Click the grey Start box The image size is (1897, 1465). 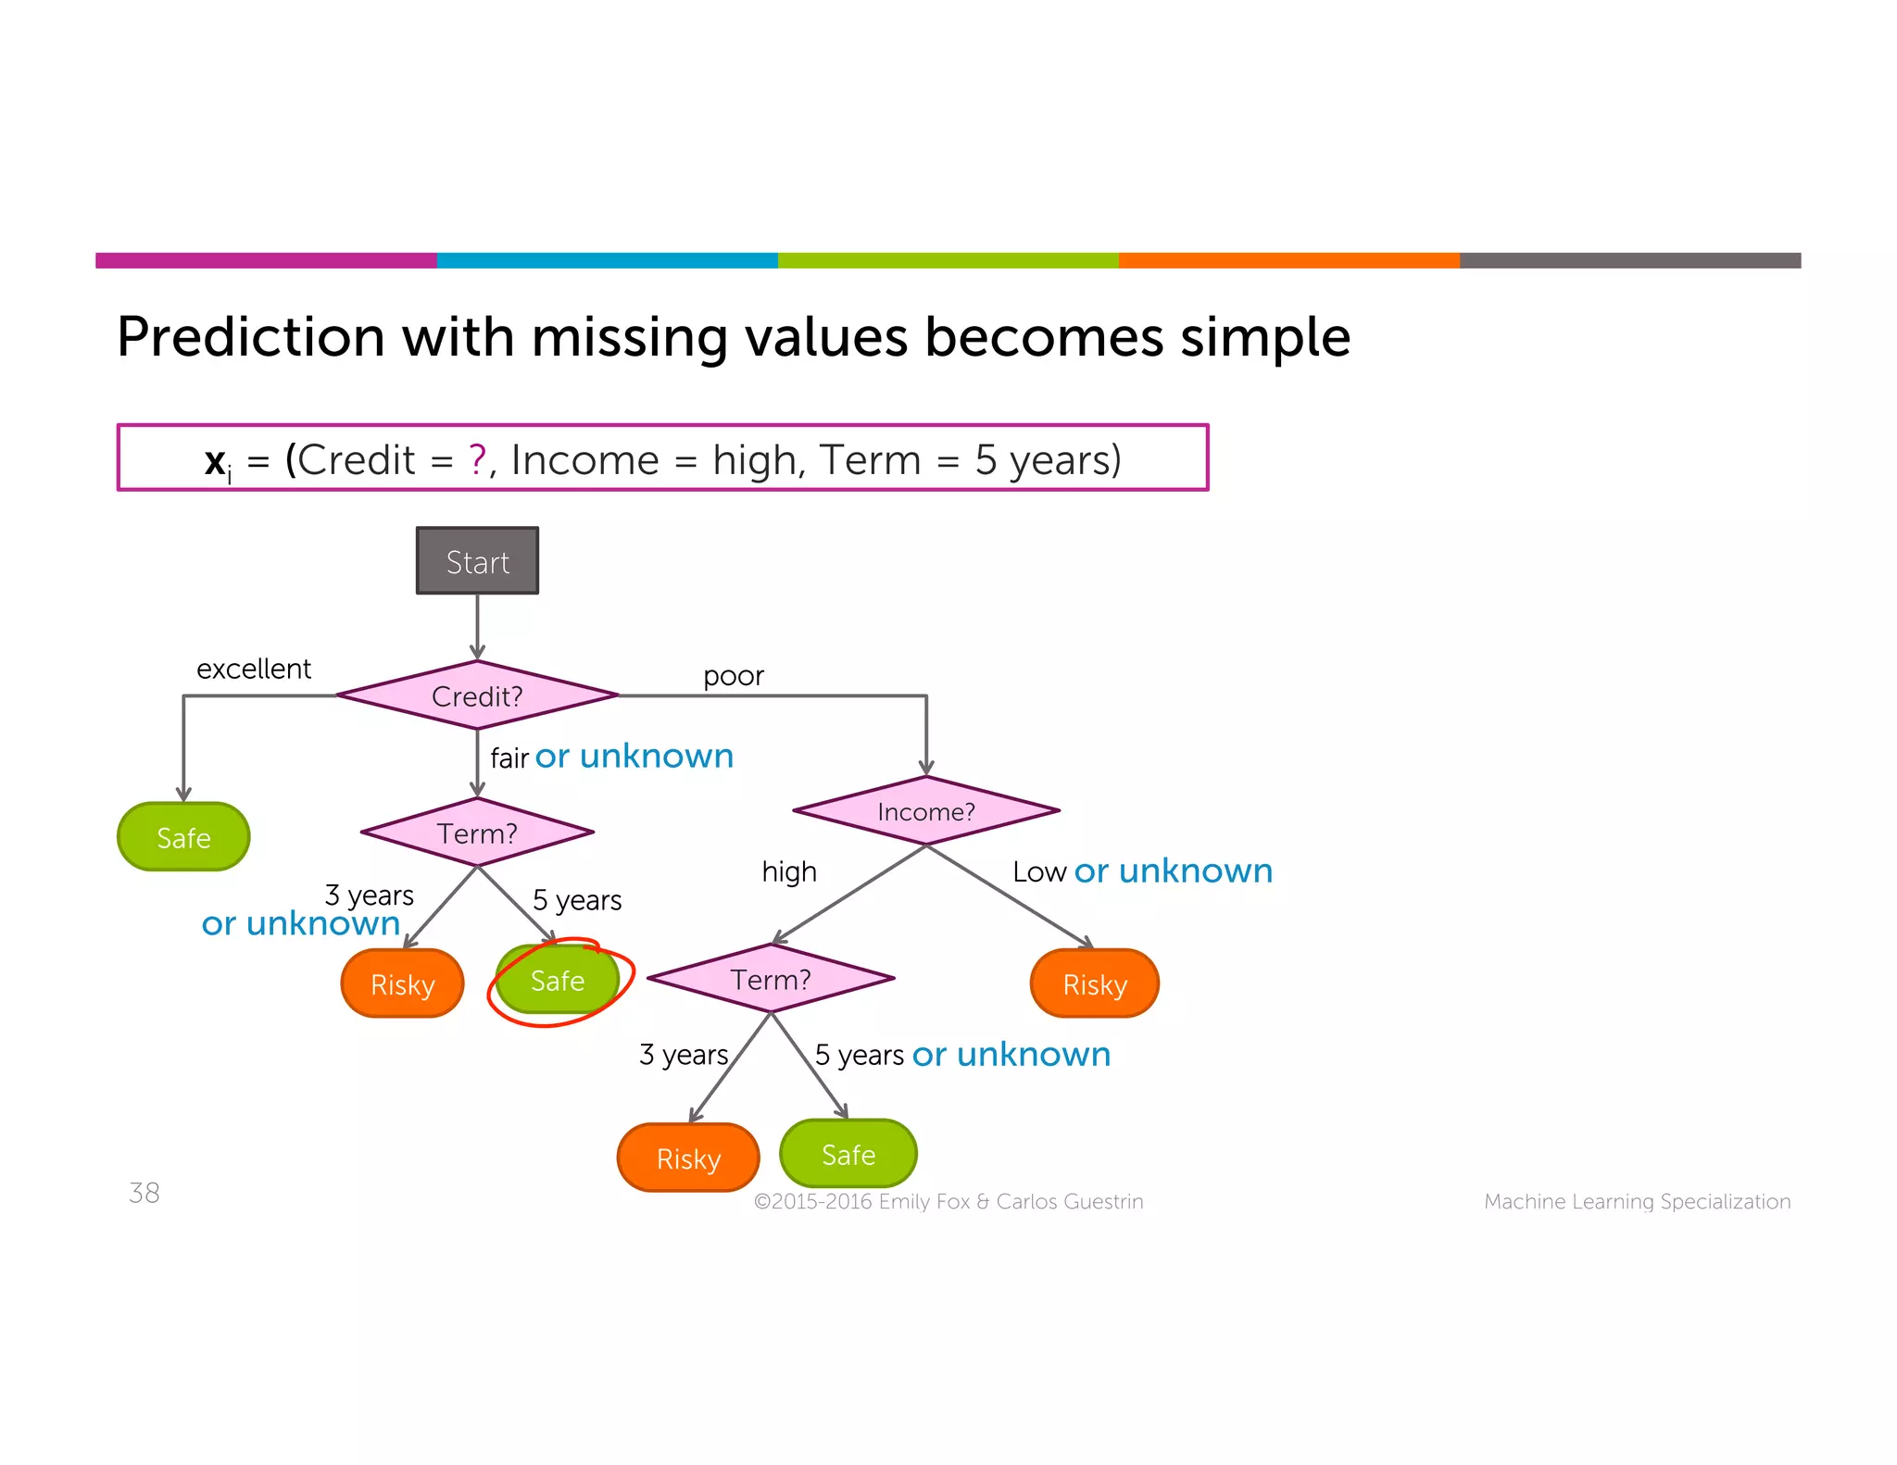(x=477, y=561)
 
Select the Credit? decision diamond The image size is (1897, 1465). (x=477, y=695)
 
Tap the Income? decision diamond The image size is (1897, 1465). (x=925, y=811)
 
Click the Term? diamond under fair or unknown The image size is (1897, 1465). (x=477, y=833)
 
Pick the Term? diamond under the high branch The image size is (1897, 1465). (x=771, y=979)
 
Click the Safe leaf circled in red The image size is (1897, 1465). (x=558, y=980)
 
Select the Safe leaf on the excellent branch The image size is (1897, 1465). (x=183, y=837)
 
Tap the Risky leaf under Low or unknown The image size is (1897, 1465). (x=1094, y=983)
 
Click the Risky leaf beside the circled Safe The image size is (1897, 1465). (x=402, y=983)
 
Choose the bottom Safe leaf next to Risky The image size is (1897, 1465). (x=848, y=1154)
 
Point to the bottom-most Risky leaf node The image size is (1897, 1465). (x=688, y=1158)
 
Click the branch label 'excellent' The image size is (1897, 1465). (x=254, y=669)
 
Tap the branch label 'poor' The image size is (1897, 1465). (x=734, y=676)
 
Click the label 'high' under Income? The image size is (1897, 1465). (x=789, y=871)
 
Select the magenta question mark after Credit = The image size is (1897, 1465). (x=477, y=459)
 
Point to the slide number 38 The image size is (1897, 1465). (x=144, y=1193)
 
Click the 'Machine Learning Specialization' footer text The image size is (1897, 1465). (x=1637, y=1201)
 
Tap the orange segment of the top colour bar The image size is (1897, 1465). (x=1288, y=260)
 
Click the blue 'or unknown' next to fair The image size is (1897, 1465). (x=634, y=757)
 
